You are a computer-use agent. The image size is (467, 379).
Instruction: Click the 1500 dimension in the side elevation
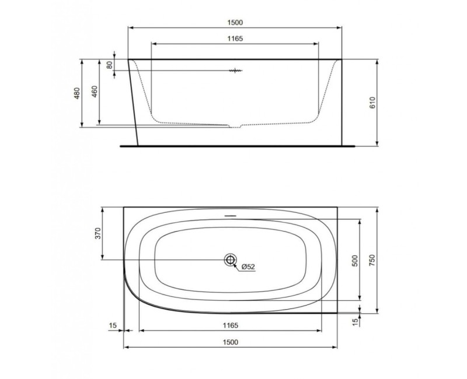pos(233,22)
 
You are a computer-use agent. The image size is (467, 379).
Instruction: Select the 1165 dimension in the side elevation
pos(233,38)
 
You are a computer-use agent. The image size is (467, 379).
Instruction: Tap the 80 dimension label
pos(109,64)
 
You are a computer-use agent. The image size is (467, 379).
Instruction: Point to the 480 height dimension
pos(76,93)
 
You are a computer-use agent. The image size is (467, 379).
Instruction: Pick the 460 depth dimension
pos(95,93)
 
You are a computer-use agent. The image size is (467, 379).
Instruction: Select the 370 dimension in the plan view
pos(97,233)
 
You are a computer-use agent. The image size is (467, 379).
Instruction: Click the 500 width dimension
pos(354,260)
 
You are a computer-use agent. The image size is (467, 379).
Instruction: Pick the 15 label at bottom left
pos(112,325)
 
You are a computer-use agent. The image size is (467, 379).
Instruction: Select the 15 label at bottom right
pos(354,321)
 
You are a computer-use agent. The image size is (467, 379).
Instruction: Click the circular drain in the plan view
pos(229,260)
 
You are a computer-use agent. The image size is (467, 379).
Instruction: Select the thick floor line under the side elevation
pos(236,146)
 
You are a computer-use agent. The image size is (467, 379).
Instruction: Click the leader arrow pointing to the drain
pos(236,265)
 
